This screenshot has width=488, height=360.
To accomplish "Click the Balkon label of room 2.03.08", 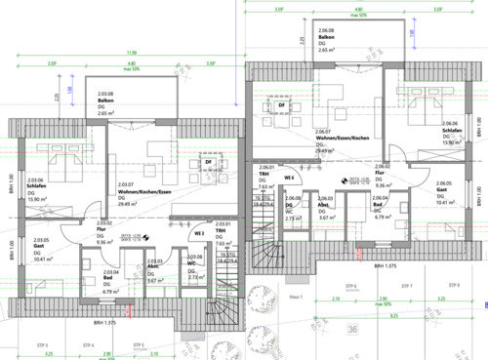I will (105, 101).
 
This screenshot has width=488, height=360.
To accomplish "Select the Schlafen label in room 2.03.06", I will (36, 186).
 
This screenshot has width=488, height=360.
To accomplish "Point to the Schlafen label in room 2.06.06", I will (451, 130).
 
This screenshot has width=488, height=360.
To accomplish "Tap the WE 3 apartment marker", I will (198, 233).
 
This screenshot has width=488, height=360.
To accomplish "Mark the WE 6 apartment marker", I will (289, 179).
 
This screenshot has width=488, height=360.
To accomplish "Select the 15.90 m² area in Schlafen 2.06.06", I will (452, 142).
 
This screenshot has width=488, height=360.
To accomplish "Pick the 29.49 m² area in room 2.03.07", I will (128, 204).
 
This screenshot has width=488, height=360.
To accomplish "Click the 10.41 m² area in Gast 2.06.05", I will (444, 203).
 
